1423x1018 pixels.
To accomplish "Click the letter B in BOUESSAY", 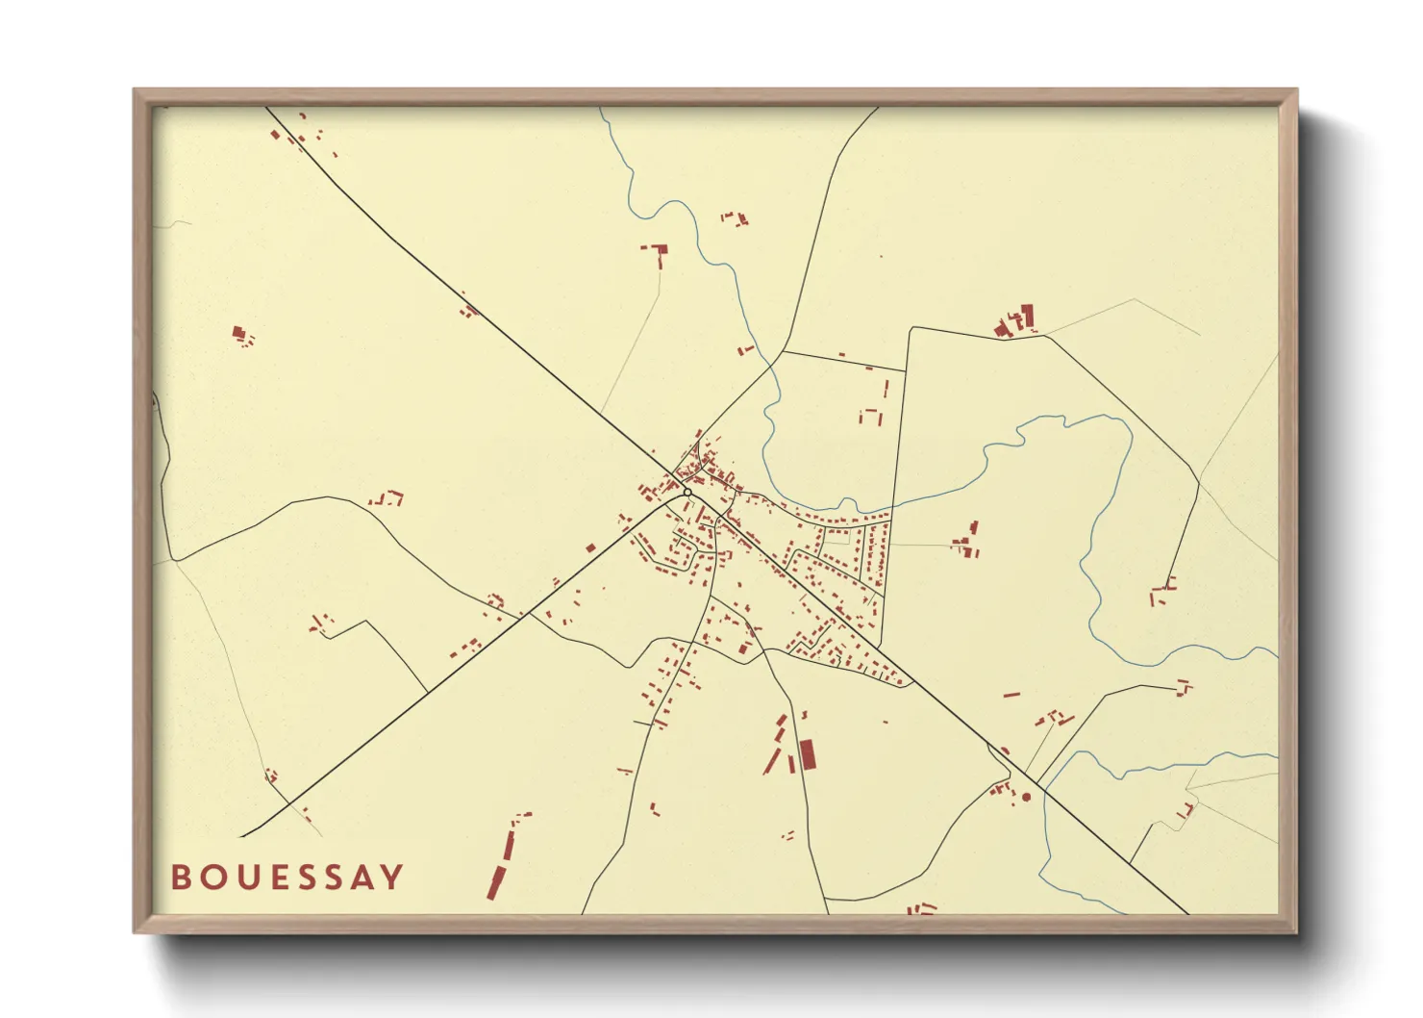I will [180, 878].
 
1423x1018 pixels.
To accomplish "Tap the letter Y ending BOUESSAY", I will [391, 878].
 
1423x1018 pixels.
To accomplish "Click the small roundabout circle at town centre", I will [687, 493].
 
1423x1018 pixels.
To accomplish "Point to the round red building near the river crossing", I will [1026, 797].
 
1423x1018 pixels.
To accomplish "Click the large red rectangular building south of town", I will [808, 755].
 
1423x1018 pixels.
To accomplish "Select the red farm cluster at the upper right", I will [1016, 320].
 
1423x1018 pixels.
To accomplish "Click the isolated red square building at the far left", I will [238, 333].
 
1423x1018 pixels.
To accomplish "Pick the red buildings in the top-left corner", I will [288, 134].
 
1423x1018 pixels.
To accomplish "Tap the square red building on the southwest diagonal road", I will [590, 548].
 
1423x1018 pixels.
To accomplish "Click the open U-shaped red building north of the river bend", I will [870, 417].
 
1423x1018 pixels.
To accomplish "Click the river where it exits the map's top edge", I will [602, 109].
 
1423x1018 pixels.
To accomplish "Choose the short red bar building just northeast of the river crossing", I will [1011, 693].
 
